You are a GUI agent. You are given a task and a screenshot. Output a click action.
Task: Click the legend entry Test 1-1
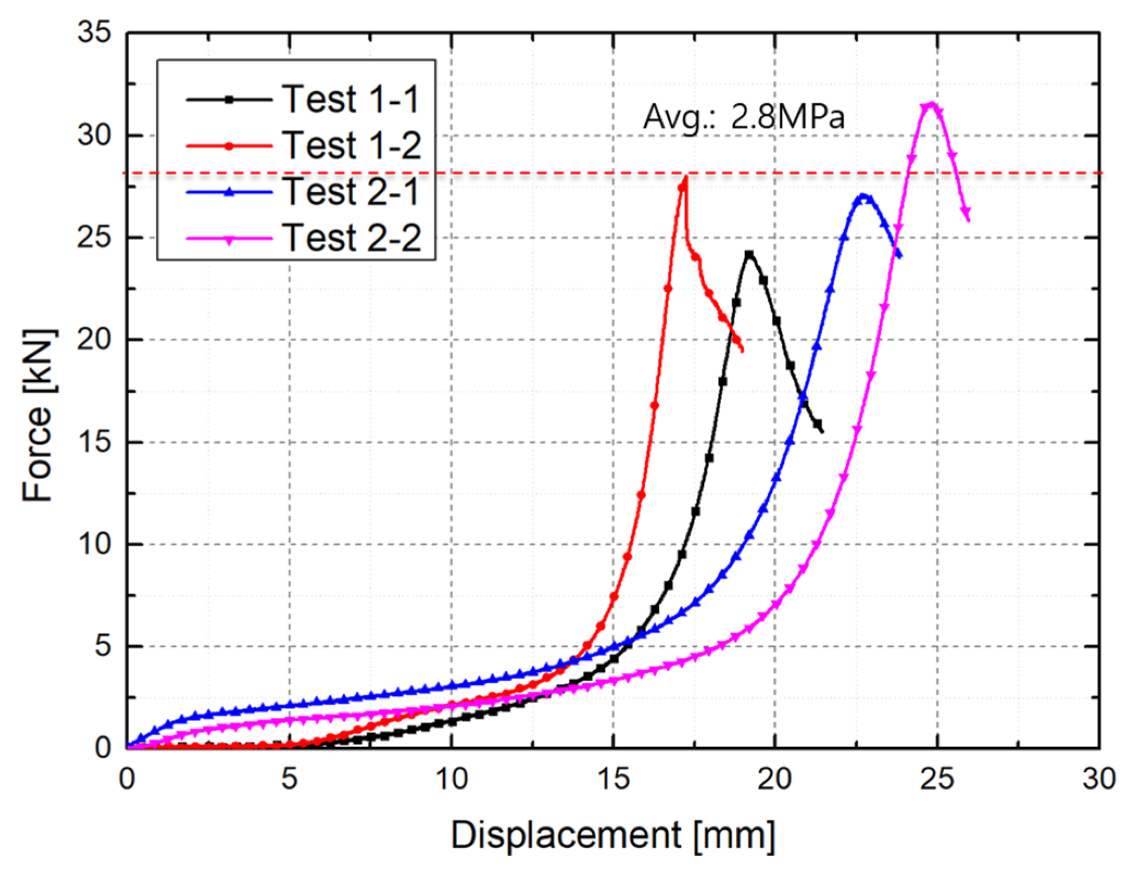pyautogui.click(x=350, y=99)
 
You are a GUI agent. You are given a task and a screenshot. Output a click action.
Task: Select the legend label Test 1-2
pyautogui.click(x=350, y=146)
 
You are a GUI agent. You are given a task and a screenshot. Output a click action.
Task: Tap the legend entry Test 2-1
pyautogui.click(x=350, y=192)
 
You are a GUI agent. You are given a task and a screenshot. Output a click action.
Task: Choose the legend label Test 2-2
pyautogui.click(x=350, y=238)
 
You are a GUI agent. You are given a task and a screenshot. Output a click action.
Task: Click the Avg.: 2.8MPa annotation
pyautogui.click(x=743, y=117)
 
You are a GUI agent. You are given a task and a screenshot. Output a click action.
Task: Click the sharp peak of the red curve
pyautogui.click(x=686, y=178)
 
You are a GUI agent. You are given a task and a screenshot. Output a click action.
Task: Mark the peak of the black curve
pyautogui.click(x=749, y=254)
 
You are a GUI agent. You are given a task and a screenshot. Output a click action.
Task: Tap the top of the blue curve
pyautogui.click(x=862, y=195)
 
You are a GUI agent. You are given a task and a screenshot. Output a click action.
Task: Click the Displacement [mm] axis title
pyautogui.click(x=613, y=835)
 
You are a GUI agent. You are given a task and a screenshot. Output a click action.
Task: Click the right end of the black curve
pyautogui.click(x=823, y=432)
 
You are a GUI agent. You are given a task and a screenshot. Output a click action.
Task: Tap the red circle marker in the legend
pyautogui.click(x=229, y=146)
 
